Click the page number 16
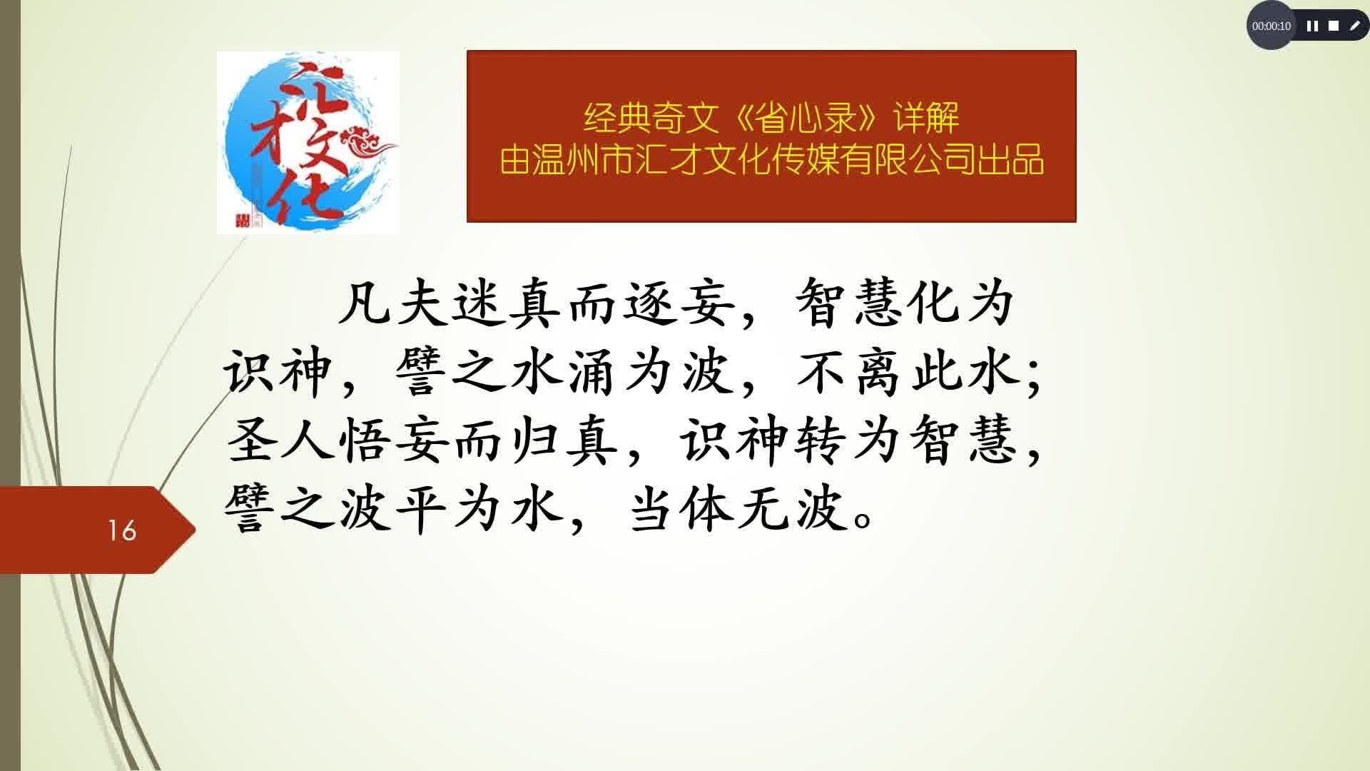coord(122,530)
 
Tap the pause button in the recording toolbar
coord(1312,26)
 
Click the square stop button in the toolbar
coord(1334,26)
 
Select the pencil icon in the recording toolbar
coord(1354,26)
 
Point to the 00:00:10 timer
coord(1271,26)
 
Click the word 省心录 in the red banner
coord(806,118)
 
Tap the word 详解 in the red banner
coord(926,118)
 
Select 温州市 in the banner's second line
coord(578,160)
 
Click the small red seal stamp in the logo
coord(243,219)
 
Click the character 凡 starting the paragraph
coord(365,302)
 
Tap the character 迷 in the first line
coord(480,302)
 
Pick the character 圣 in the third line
coord(250,440)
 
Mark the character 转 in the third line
coord(822,440)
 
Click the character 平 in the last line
coord(422,510)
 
